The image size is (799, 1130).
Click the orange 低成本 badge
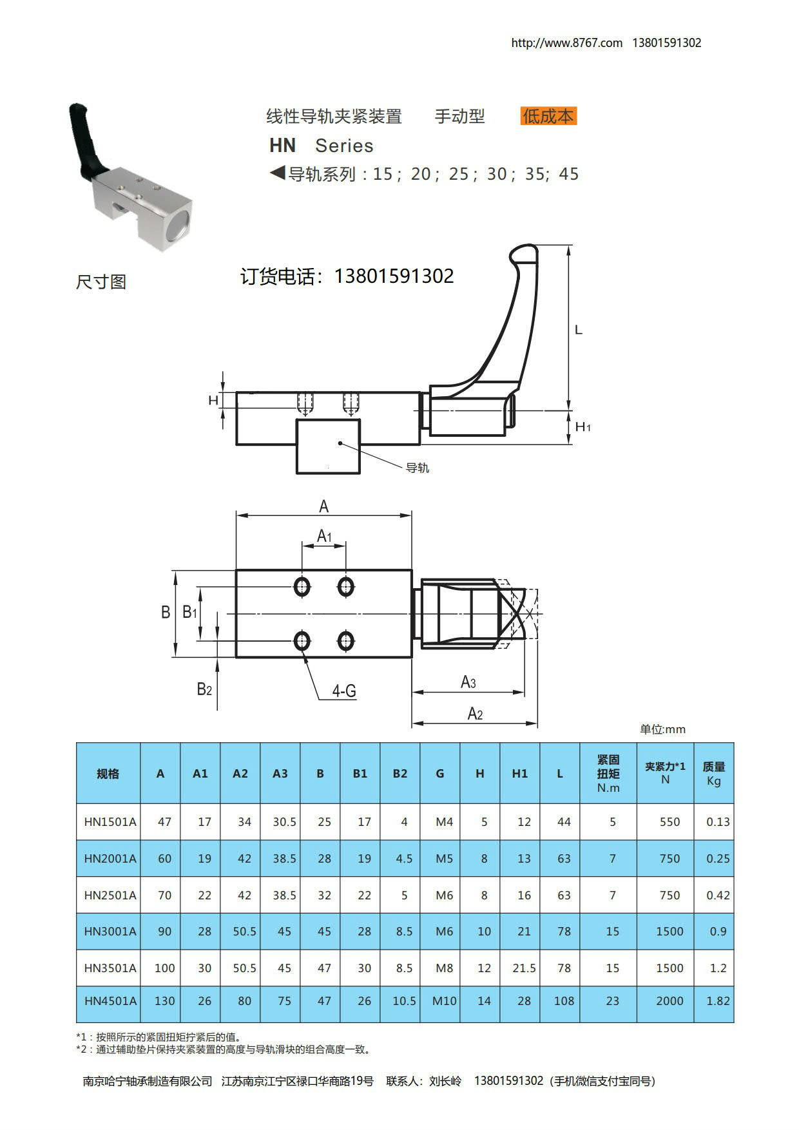548,116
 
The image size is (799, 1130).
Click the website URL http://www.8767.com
566,43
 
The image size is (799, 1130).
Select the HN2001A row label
110,858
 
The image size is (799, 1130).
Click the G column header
440,773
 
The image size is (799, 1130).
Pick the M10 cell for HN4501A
444,1001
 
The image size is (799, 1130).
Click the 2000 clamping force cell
669,1001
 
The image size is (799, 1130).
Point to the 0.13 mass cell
718,821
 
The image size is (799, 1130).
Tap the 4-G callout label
344,691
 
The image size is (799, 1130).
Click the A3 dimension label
468,682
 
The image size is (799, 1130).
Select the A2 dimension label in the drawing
475,713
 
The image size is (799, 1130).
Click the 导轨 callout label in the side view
418,468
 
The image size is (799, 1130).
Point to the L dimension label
579,330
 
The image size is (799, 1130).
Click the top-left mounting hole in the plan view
302,586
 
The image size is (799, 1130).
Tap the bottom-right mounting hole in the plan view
346,641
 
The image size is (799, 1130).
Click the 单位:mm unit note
662,729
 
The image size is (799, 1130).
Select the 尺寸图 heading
101,282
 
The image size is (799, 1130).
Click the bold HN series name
282,146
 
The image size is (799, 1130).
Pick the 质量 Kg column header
714,773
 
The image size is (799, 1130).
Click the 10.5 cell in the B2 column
404,1001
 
